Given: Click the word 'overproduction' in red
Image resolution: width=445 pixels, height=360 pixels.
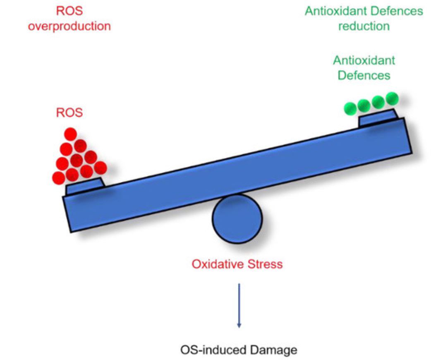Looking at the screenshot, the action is pyautogui.click(x=69, y=26).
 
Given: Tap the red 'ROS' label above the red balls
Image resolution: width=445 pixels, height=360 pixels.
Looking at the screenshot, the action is pyautogui.click(x=69, y=113).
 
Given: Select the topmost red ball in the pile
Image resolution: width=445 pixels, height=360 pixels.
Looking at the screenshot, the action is pyautogui.click(x=70, y=134).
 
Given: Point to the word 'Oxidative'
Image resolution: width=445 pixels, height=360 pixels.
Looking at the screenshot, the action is pyautogui.click(x=218, y=264).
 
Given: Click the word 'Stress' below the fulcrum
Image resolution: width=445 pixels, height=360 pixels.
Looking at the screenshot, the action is pyautogui.click(x=265, y=264).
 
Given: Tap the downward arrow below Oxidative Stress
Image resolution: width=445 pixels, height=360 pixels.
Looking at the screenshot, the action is pyautogui.click(x=239, y=305).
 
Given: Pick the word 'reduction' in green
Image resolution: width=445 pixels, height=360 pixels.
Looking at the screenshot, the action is pyautogui.click(x=364, y=26).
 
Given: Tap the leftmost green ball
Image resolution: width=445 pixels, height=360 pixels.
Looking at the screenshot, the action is pyautogui.click(x=350, y=108).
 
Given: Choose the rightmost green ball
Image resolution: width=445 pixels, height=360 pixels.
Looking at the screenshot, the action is pyautogui.click(x=392, y=98).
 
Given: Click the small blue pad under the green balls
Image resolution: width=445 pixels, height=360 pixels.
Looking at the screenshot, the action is pyautogui.click(x=378, y=117).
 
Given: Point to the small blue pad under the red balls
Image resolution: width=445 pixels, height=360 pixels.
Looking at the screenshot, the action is pyautogui.click(x=85, y=186).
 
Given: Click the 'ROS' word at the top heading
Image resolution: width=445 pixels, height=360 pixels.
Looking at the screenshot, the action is pyautogui.click(x=69, y=11).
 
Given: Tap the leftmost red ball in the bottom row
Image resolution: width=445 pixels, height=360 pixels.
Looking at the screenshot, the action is pyautogui.click(x=59, y=178).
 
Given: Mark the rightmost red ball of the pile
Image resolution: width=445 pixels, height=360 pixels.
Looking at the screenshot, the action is pyautogui.click(x=100, y=168).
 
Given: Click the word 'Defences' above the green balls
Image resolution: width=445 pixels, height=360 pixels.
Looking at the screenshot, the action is pyautogui.click(x=364, y=75).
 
